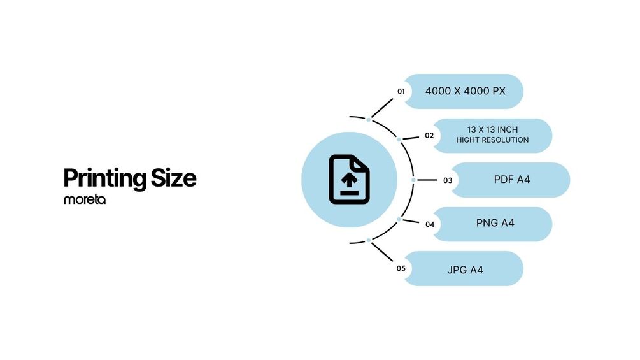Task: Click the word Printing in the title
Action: pos(105,178)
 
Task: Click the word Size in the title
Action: pos(173,178)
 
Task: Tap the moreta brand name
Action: pos(84,199)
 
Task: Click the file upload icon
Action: pos(349,180)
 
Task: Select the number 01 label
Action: pos(401,91)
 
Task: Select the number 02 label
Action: pos(429,136)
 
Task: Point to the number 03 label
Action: pos(448,180)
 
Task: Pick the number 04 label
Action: pos(430,224)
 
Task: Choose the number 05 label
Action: pos(401,268)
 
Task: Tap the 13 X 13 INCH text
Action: pos(492,130)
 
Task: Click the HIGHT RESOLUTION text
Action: pos(492,140)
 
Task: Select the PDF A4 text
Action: pos(512,180)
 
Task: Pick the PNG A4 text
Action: pos(495,224)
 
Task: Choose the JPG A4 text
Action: pos(465,270)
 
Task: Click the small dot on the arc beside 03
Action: pos(413,180)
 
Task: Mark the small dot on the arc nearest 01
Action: pos(369,119)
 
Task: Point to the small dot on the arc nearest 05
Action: pos(369,240)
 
